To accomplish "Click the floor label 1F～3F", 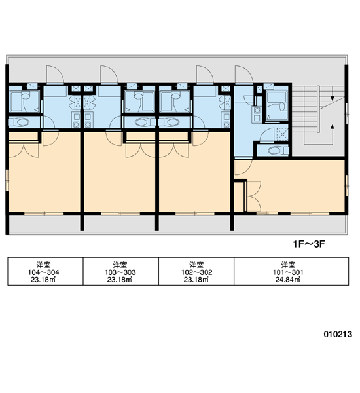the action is pos(309,244).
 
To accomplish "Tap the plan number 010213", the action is pos(338,334).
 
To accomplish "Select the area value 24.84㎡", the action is pos(287,280).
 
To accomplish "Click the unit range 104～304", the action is pos(43,272).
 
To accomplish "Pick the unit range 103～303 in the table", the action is pos(120,272).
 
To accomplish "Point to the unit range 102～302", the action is pos(196,272).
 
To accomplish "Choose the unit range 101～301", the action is pos(288,272).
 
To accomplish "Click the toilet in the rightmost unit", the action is pos(278,151).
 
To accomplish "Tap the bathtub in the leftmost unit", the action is pos(24,102).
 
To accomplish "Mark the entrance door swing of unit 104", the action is pos(55,75).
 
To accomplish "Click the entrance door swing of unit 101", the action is pos(243,75).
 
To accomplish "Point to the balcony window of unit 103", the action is pos(120,214).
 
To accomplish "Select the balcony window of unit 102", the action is pos(195,214).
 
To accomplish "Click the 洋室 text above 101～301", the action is pos(288,265).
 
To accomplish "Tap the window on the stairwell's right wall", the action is pos(347,113).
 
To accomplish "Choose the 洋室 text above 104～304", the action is pos(44,265).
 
